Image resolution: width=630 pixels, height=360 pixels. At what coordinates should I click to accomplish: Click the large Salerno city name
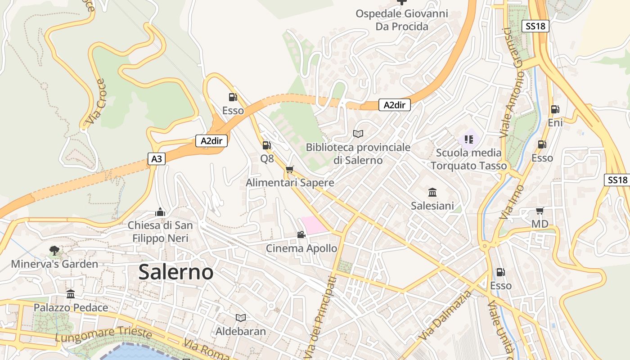click(x=176, y=272)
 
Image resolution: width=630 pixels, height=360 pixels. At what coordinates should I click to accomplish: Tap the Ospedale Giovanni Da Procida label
click(x=402, y=20)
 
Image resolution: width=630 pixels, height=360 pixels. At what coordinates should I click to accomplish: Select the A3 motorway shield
click(x=156, y=159)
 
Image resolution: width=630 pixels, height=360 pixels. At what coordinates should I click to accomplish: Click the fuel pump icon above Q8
click(x=266, y=145)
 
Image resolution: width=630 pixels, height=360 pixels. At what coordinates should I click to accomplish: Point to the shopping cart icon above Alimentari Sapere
click(x=289, y=170)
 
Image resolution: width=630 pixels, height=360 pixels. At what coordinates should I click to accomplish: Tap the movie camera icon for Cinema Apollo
click(x=301, y=235)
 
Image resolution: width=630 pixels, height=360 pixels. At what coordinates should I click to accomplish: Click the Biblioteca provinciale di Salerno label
click(x=358, y=153)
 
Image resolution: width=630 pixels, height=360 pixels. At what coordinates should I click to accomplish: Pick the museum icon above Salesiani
click(x=432, y=193)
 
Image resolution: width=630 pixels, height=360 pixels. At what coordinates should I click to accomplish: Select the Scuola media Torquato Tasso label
click(x=468, y=159)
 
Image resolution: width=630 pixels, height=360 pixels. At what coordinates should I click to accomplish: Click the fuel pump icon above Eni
click(x=555, y=109)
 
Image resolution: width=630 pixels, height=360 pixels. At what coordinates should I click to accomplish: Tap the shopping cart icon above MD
click(x=540, y=211)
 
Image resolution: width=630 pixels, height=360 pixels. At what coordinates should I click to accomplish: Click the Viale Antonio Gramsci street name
click(x=513, y=82)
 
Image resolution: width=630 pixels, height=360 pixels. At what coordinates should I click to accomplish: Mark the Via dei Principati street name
click(x=321, y=318)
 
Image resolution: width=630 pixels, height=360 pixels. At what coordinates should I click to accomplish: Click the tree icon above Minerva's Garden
click(x=54, y=250)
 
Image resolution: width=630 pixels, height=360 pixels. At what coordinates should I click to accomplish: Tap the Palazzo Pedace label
click(x=71, y=308)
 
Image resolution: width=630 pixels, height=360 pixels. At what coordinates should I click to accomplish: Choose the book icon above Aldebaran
click(x=241, y=318)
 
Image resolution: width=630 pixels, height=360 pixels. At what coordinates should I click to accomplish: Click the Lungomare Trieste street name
click(x=103, y=334)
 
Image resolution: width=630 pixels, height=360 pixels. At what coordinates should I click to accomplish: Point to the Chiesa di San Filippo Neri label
click(x=160, y=231)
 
